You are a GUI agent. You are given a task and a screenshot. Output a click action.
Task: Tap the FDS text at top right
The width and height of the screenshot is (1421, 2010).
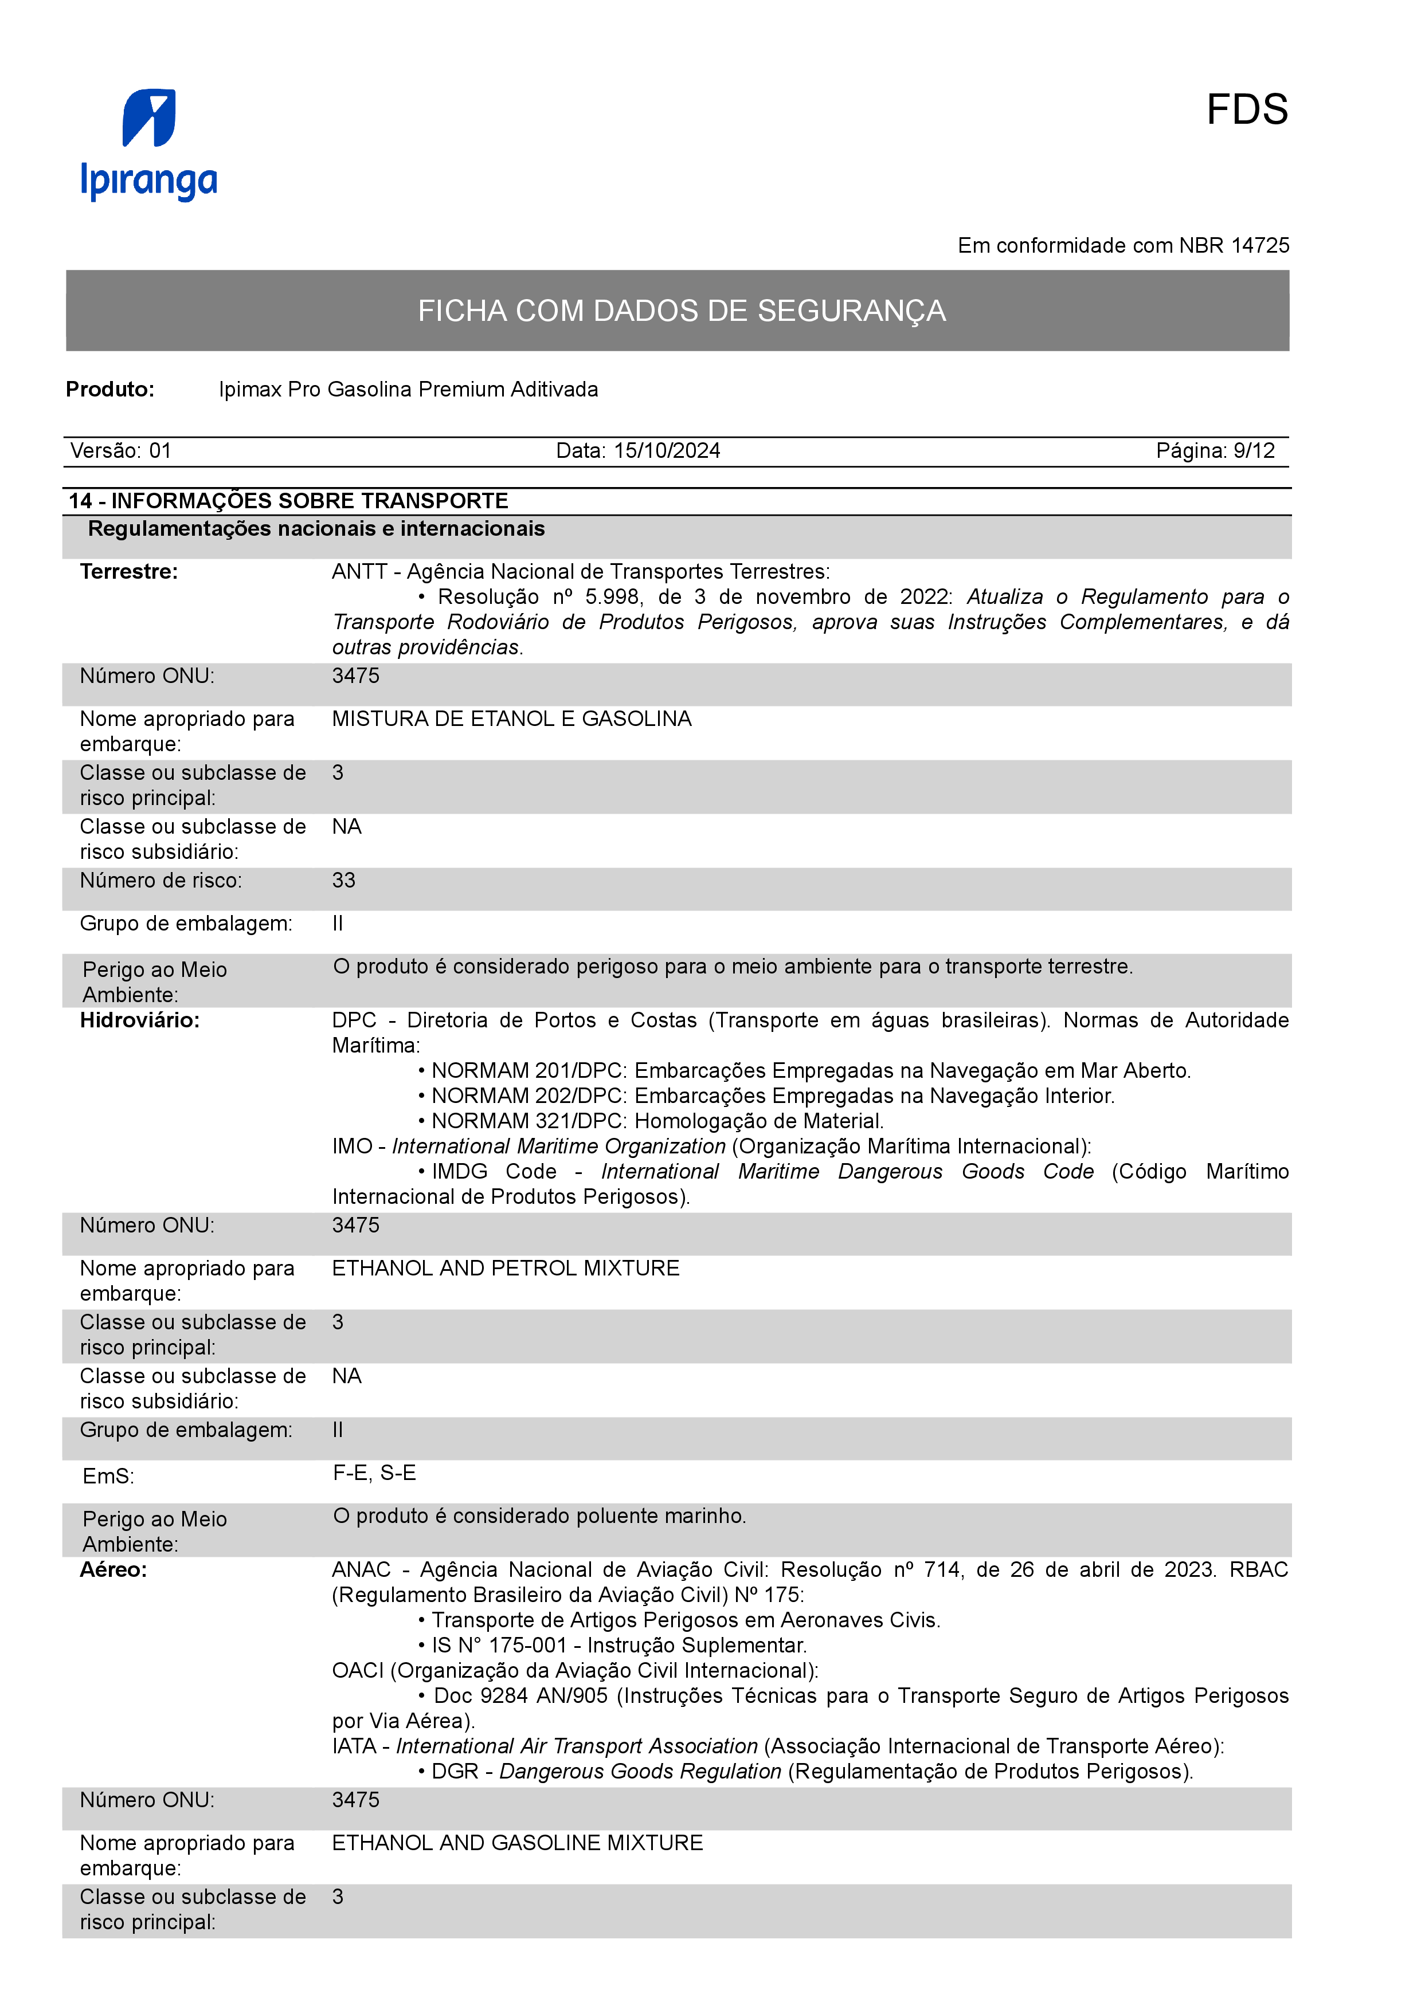point(1246,111)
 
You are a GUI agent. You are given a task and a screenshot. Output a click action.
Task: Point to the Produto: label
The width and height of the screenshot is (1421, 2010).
point(110,390)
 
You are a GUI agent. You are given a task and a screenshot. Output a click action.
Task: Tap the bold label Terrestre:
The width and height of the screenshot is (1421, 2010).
point(129,572)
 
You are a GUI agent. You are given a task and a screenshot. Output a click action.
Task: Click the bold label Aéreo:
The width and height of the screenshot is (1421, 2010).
point(113,1569)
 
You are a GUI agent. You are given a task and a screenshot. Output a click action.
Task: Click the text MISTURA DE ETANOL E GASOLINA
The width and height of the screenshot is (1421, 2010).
point(511,719)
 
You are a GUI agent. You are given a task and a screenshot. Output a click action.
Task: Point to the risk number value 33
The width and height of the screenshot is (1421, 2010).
point(343,881)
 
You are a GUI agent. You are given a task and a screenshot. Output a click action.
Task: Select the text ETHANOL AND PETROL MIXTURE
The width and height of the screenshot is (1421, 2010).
point(505,1269)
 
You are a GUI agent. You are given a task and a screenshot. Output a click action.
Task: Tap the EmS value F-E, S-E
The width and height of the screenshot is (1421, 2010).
point(374,1473)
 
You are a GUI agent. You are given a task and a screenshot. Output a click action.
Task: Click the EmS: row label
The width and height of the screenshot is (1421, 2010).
point(108,1477)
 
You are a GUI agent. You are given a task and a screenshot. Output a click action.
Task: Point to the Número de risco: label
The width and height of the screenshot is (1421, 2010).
point(161,881)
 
